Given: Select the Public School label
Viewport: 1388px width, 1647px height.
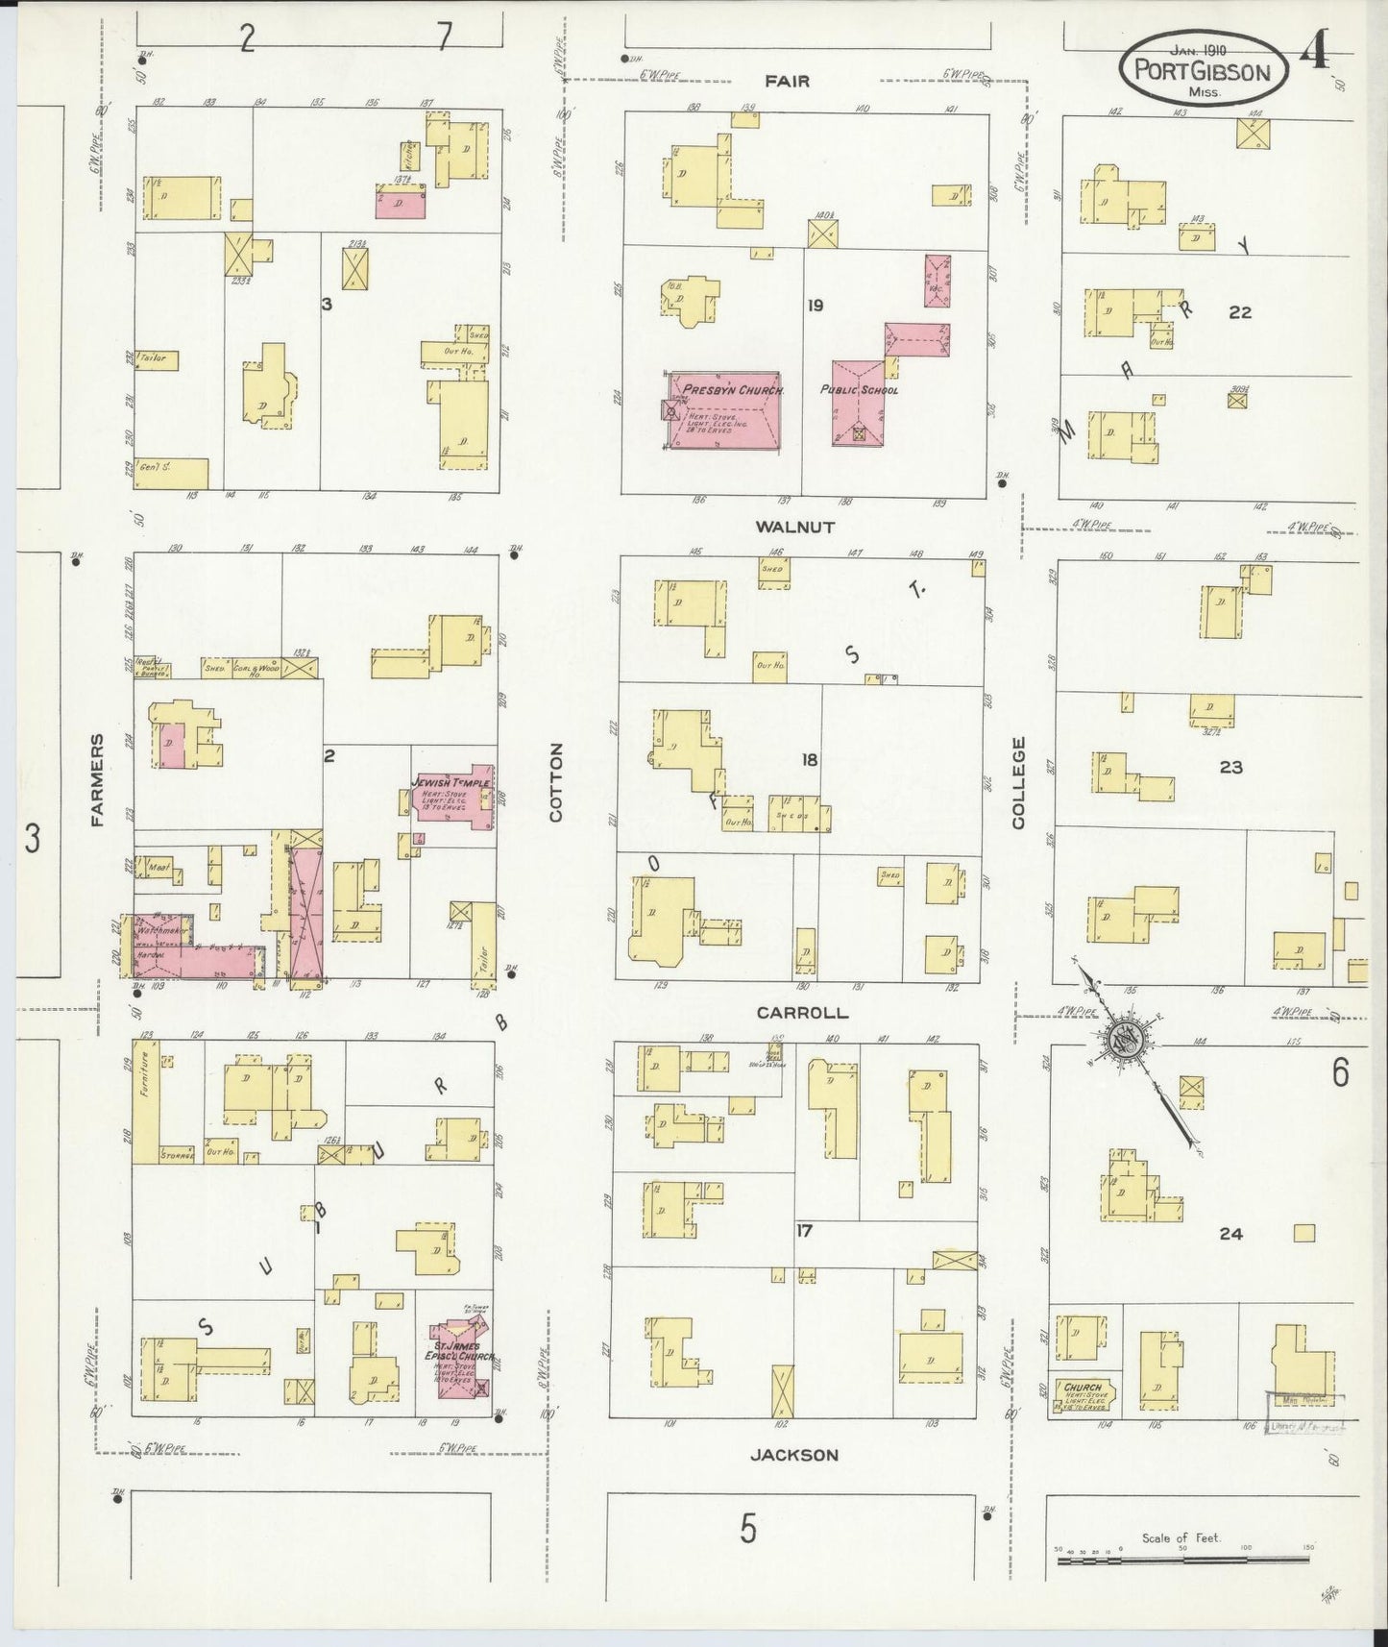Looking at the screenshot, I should pyautogui.click(x=859, y=390).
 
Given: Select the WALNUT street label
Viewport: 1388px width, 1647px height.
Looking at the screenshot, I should pyautogui.click(x=794, y=527).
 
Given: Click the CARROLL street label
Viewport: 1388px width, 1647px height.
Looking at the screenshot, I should pyautogui.click(x=802, y=1013).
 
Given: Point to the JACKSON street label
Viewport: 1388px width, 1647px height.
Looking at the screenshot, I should pyautogui.click(x=793, y=1455).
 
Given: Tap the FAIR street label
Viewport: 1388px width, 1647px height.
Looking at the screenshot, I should pyautogui.click(x=788, y=82).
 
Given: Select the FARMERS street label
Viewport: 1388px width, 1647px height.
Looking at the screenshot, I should pyautogui.click(x=96, y=780).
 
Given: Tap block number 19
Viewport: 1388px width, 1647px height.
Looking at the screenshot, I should pyautogui.click(x=816, y=306).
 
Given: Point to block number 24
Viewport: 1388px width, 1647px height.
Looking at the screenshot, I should pyautogui.click(x=1230, y=1234).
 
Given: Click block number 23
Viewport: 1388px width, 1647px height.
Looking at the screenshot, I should pyautogui.click(x=1230, y=767).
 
